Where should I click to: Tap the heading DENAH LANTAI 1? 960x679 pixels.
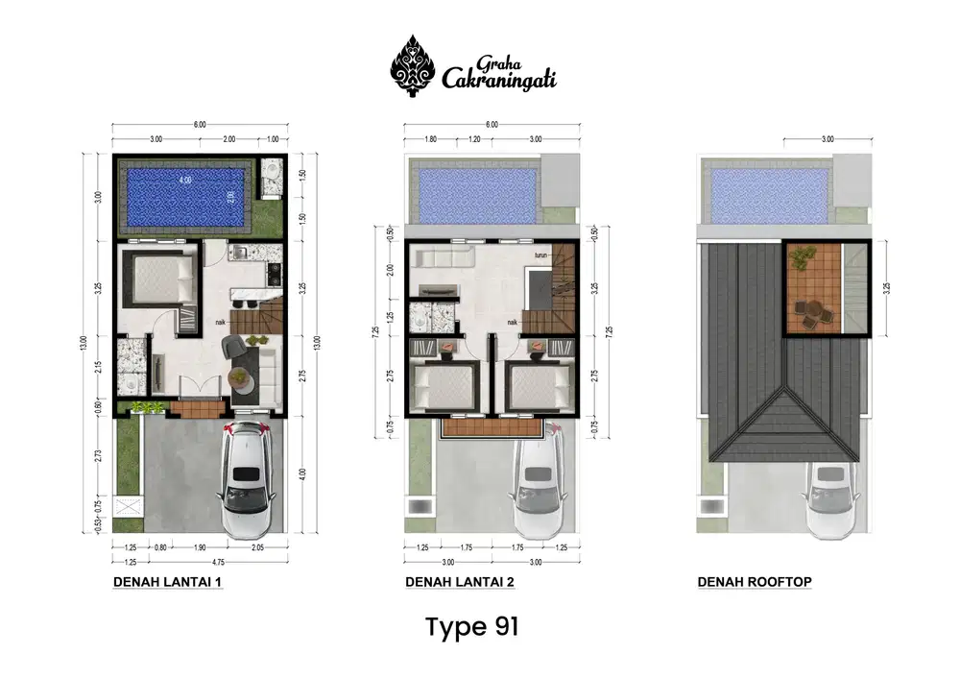pyautogui.click(x=168, y=582)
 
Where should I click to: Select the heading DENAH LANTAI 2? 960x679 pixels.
pyautogui.click(x=461, y=582)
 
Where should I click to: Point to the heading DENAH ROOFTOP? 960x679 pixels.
pyautogui.click(x=755, y=582)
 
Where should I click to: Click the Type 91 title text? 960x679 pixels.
pyautogui.click(x=472, y=627)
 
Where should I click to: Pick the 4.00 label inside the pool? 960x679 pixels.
pyautogui.click(x=183, y=181)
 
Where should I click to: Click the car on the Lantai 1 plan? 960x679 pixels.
pyautogui.click(x=247, y=480)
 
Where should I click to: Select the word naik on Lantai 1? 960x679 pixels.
pyautogui.click(x=220, y=323)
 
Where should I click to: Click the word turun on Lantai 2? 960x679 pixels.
pyautogui.click(x=541, y=256)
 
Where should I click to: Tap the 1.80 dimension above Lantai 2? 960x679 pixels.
pyautogui.click(x=431, y=139)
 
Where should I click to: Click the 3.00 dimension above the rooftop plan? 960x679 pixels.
pyautogui.click(x=827, y=139)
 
